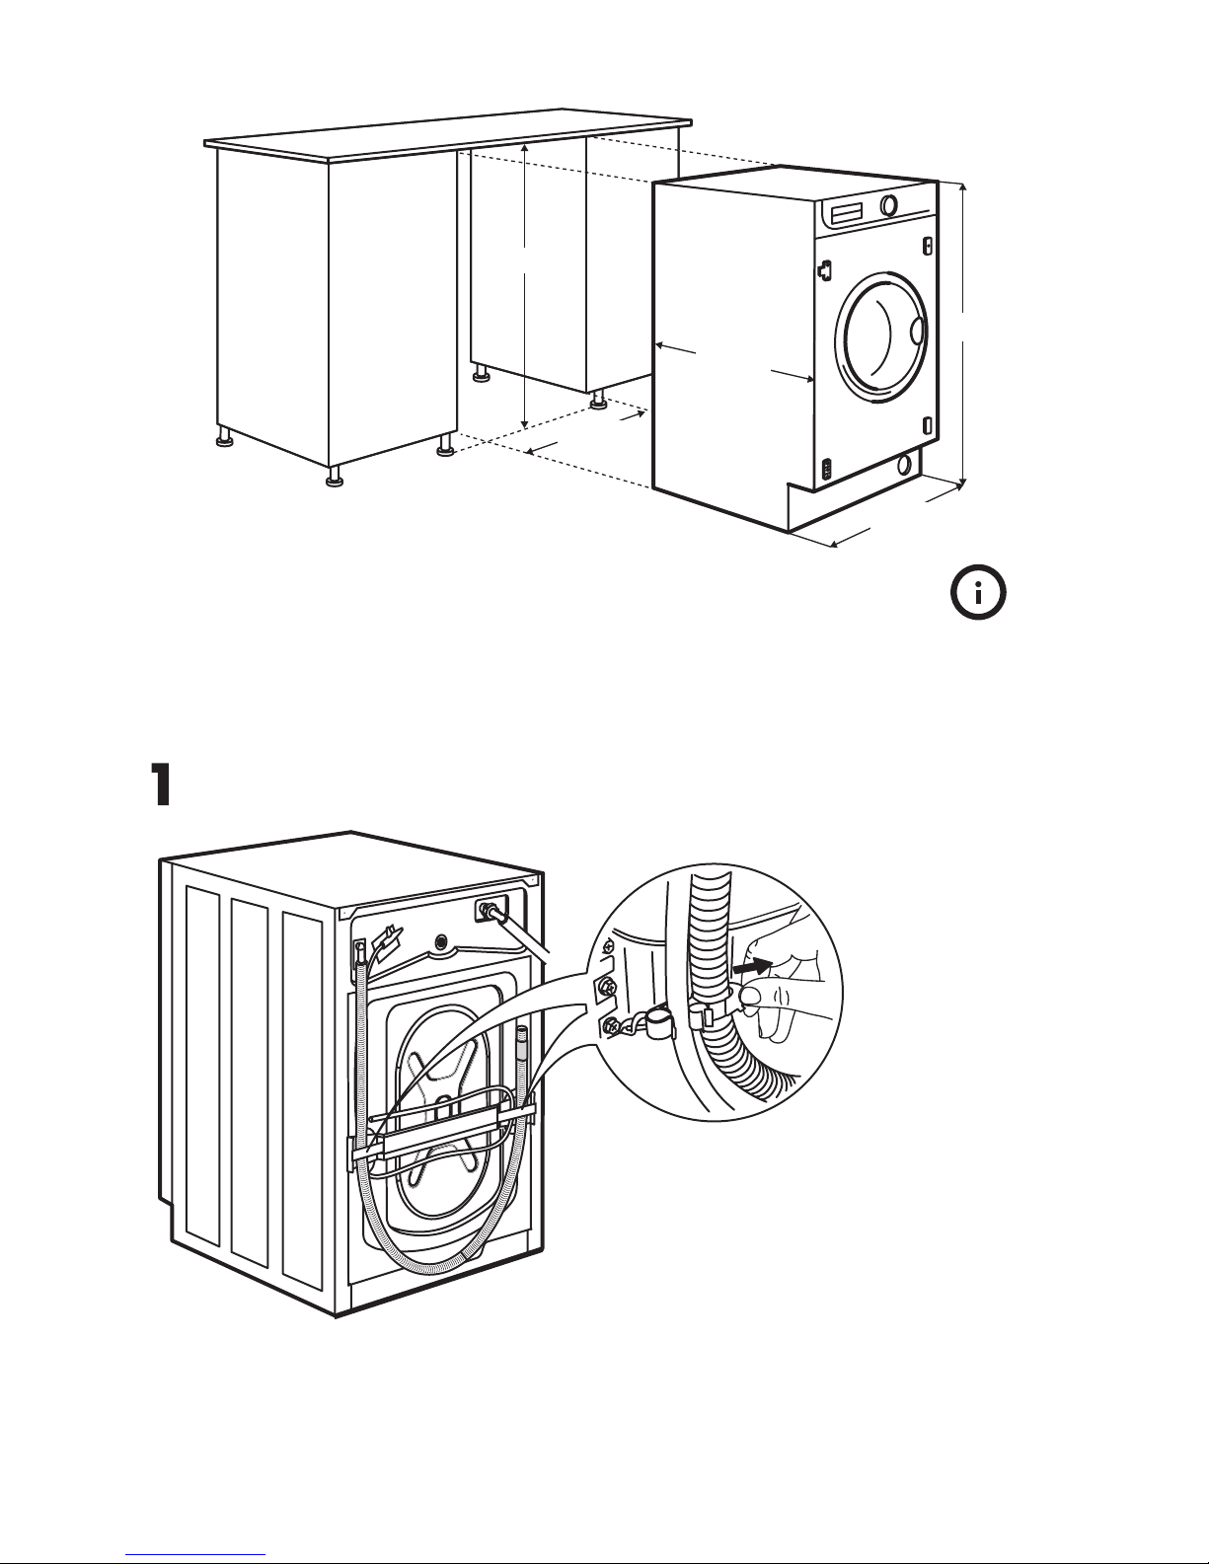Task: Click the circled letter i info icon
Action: (978, 593)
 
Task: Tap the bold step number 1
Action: (161, 785)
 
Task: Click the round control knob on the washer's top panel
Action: (889, 204)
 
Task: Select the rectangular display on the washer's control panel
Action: (847, 212)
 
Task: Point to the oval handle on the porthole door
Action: (917, 331)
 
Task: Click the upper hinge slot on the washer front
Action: (928, 246)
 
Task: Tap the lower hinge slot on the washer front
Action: (929, 425)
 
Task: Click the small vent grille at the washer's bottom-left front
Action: (828, 470)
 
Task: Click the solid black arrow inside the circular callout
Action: (752, 967)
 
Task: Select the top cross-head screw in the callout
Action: (610, 943)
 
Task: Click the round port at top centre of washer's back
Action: (440, 940)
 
